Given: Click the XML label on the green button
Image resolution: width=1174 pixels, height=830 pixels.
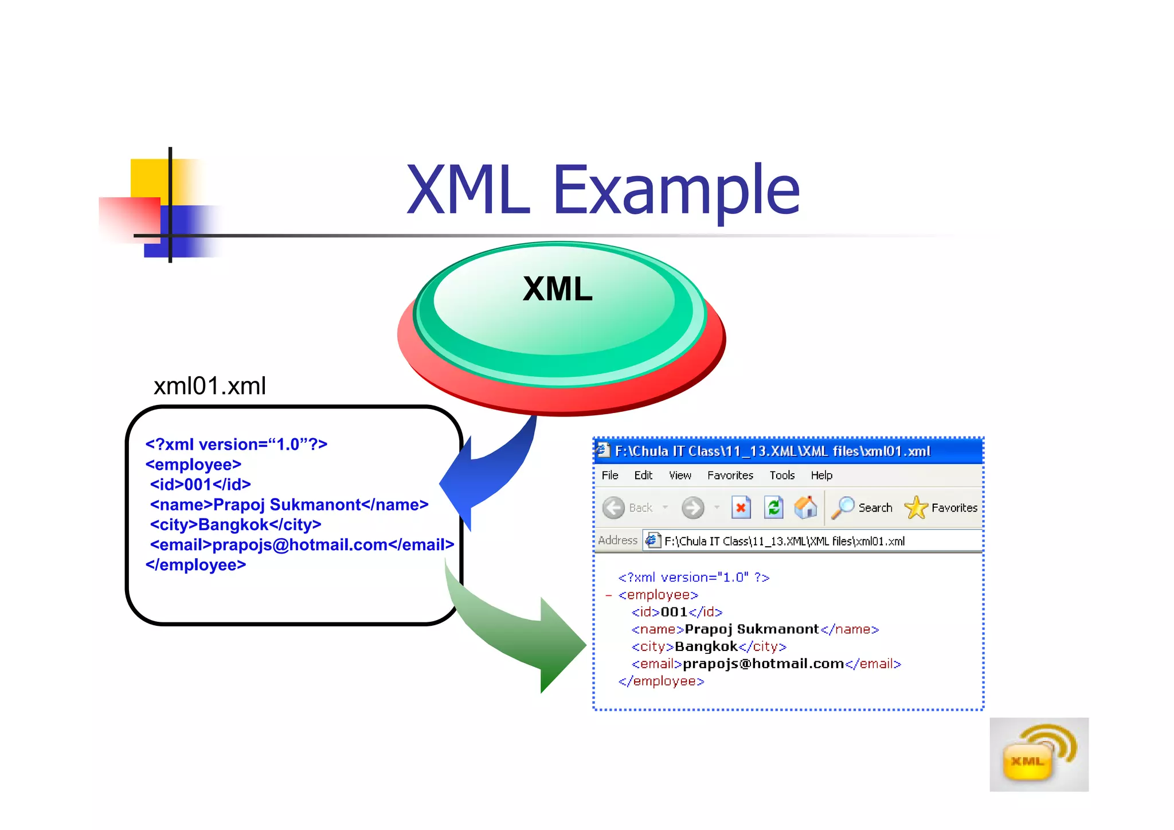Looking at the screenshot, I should [x=557, y=289].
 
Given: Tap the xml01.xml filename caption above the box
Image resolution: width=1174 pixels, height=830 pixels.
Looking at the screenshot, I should [x=209, y=385].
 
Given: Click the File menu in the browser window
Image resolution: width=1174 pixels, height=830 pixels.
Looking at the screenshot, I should [x=609, y=475].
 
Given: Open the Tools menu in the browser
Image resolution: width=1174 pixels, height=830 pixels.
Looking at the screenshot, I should [x=781, y=475].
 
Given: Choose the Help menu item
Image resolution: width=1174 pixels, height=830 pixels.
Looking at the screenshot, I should [x=821, y=475].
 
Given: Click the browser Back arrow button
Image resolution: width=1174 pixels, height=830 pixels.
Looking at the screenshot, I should [x=614, y=508].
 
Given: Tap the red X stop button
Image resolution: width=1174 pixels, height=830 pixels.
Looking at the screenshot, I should [x=741, y=508].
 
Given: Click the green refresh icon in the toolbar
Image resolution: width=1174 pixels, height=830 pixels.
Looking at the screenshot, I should [x=774, y=508].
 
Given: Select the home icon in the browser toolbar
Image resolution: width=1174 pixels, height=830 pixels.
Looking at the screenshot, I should [x=805, y=507].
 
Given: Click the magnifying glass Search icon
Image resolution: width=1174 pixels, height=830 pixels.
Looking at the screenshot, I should [x=843, y=508].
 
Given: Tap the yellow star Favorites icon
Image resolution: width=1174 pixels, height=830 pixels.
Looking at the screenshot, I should [x=915, y=508].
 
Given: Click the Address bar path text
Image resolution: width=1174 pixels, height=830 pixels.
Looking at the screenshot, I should [x=784, y=541].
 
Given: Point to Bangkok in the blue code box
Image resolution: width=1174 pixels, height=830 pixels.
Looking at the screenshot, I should [x=233, y=524].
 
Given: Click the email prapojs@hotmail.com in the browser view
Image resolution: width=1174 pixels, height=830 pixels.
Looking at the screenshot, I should [x=763, y=664].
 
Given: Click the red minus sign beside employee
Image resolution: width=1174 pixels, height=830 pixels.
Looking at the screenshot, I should [x=608, y=595].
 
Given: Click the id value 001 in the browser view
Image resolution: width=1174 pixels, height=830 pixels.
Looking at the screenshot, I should [x=674, y=612].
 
